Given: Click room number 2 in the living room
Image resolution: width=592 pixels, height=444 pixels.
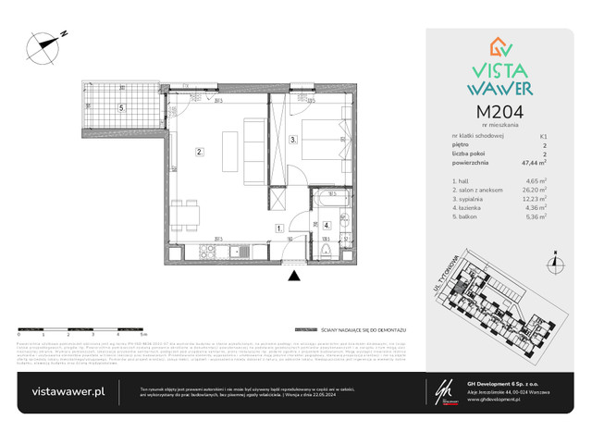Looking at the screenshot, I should pyautogui.click(x=198, y=152).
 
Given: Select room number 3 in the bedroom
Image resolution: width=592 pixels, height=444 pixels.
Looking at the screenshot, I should pyautogui.click(x=292, y=141).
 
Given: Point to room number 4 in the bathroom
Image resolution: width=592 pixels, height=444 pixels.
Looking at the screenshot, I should pyautogui.click(x=327, y=225).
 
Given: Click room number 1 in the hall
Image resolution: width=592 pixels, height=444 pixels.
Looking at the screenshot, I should pyautogui.click(x=277, y=228).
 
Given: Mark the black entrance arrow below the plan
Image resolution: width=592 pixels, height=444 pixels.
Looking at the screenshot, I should pyautogui.click(x=294, y=275).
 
